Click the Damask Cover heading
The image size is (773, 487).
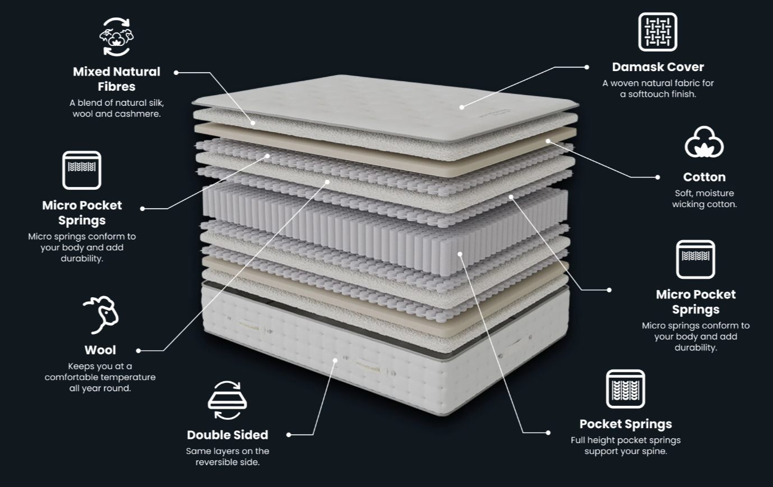658,67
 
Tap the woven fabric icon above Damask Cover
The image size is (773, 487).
658,32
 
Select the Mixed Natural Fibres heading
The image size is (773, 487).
117,79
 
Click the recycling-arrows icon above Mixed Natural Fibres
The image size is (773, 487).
117,37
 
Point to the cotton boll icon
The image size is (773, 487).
704,142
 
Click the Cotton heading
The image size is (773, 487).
704,177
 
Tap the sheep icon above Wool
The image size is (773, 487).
101,315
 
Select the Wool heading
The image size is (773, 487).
100,350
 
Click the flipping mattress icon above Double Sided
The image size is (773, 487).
227,400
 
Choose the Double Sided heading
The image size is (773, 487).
228,435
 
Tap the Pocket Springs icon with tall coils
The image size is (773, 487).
626,389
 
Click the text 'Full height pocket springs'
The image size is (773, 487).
626,440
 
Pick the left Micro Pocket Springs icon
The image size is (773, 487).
82,170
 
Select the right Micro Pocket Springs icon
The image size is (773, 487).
695,259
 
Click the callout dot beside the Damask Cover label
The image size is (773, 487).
586,67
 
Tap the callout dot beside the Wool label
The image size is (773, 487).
138,351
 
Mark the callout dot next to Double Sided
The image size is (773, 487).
289,435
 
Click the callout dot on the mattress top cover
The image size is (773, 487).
462,107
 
